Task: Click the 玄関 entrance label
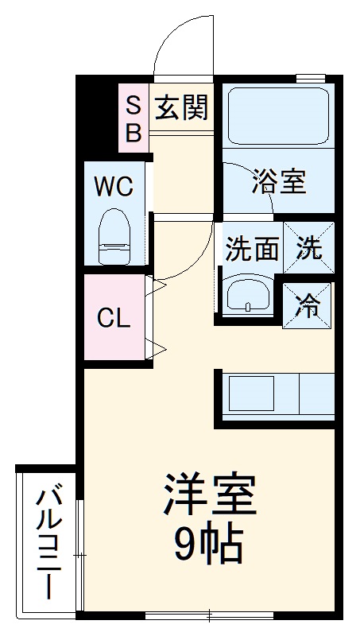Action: (x=181, y=107)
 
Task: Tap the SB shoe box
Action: (x=134, y=118)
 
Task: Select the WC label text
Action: (x=114, y=188)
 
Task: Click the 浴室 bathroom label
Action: (x=278, y=182)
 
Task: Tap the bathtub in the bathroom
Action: (x=278, y=116)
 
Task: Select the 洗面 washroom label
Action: (x=250, y=250)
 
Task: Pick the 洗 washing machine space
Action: (x=309, y=249)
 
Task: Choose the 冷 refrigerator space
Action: (x=309, y=302)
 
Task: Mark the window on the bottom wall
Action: (x=210, y=615)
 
